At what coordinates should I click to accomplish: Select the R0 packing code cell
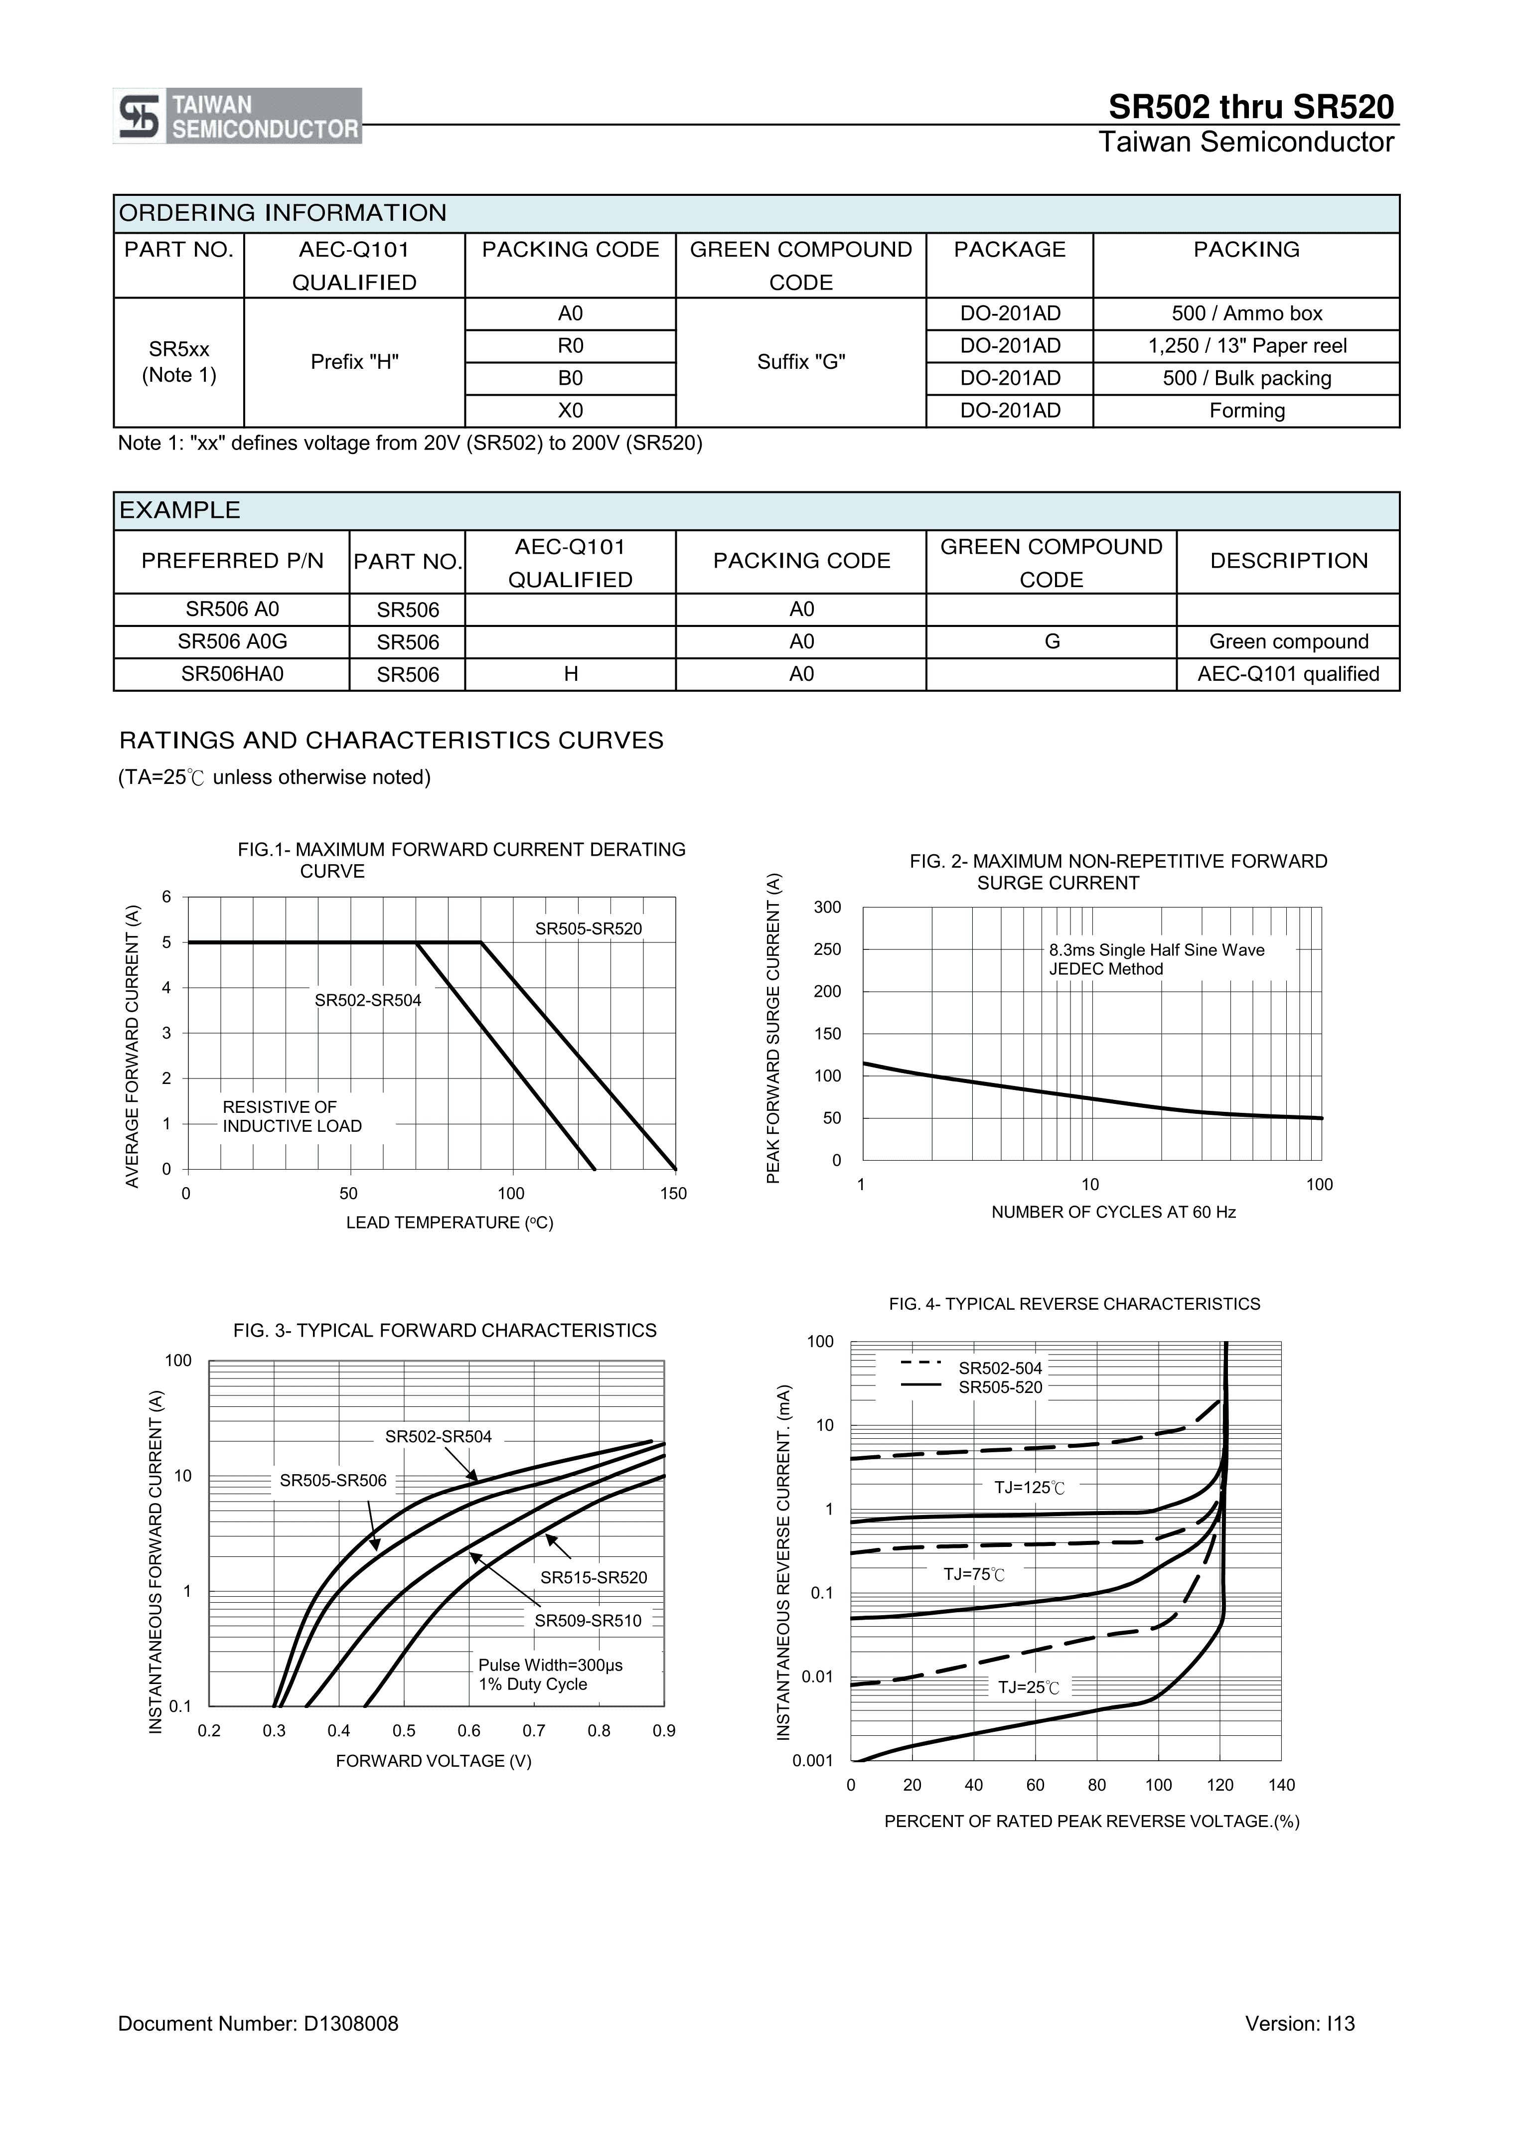coord(570,346)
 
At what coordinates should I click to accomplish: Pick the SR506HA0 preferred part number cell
coord(232,674)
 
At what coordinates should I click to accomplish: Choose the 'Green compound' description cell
coord(1288,642)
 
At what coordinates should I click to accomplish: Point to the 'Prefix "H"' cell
coord(355,362)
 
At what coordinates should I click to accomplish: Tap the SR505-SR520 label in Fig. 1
coord(588,928)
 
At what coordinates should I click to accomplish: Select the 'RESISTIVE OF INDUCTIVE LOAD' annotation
coord(291,1116)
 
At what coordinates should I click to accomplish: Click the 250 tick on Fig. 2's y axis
coord(827,949)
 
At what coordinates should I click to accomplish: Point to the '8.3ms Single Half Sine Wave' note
coord(1157,950)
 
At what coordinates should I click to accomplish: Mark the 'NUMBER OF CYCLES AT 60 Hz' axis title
coord(1113,1213)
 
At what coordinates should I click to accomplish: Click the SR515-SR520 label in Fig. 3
coord(594,1577)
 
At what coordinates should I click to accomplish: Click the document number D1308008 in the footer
coord(258,2023)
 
